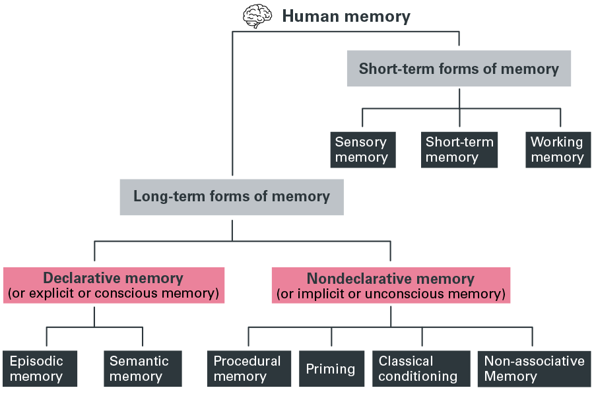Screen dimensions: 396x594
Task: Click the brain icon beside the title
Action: tap(257, 16)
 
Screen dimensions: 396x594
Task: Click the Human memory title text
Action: tap(346, 16)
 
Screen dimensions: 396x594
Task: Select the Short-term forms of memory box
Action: tap(459, 69)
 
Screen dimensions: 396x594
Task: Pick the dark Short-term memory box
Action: tap(459, 150)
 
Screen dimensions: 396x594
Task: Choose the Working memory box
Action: tap(556, 150)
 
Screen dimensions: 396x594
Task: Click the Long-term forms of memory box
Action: tap(232, 196)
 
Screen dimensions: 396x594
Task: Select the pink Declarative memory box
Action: tap(114, 285)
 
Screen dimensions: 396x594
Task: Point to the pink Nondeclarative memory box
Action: tap(391, 285)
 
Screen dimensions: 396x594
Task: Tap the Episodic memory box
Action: tap(40, 368)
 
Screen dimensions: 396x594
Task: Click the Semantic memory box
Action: tap(143, 368)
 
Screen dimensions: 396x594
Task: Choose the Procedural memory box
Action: tap(248, 368)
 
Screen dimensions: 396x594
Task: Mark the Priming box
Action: tap(331, 369)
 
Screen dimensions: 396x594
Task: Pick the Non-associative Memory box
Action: tap(533, 368)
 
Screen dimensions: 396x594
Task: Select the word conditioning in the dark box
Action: tap(418, 376)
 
